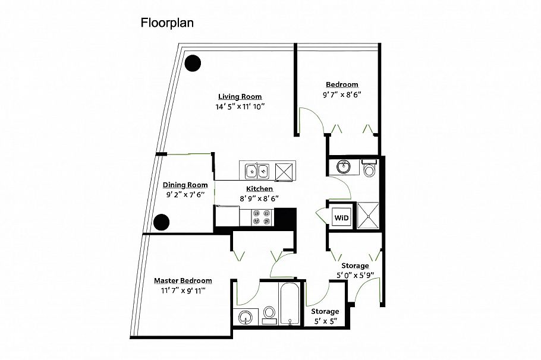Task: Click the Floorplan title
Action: [167, 23]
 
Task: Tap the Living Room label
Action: [240, 97]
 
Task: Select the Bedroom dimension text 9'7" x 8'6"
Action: [342, 94]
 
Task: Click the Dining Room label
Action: [185, 185]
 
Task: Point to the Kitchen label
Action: [259, 189]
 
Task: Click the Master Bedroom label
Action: [183, 280]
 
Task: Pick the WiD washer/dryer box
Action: [341, 217]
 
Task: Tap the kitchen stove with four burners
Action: [261, 217]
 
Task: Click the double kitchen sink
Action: [257, 171]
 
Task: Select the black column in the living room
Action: [193, 63]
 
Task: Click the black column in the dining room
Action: [161, 222]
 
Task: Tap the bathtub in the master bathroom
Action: [290, 304]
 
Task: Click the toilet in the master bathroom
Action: [269, 315]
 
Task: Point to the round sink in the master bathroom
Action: [246, 317]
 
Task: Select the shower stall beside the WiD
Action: [368, 216]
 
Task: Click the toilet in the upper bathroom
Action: [369, 168]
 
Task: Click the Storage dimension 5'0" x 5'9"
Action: [356, 276]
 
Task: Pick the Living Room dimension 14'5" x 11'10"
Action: [240, 106]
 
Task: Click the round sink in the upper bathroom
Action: [343, 167]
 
